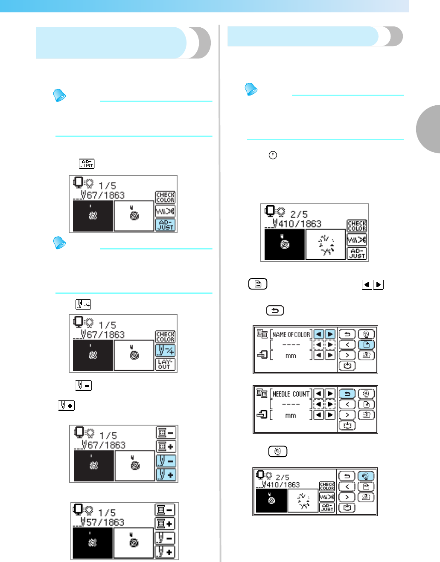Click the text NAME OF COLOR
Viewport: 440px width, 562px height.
291,335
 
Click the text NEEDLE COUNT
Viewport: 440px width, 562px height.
291,394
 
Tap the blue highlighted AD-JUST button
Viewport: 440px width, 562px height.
165,225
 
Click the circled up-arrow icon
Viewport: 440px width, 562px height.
273,155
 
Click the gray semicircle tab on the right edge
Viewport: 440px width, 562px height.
429,129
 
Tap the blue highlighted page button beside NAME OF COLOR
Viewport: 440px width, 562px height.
366,345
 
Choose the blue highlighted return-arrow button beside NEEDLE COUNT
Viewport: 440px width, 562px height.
347,394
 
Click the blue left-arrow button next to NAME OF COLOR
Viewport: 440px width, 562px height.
318,334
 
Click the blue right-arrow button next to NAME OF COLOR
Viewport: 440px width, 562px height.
330,334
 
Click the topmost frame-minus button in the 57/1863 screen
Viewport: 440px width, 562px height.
165,510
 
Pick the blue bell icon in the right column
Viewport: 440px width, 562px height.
251,89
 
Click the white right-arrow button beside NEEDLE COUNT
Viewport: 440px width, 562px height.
330,394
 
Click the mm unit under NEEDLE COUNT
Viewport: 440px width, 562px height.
291,415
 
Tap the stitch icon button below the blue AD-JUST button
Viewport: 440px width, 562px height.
165,211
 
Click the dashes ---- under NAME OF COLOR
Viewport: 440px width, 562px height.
291,345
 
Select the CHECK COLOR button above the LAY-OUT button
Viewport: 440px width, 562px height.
165,337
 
